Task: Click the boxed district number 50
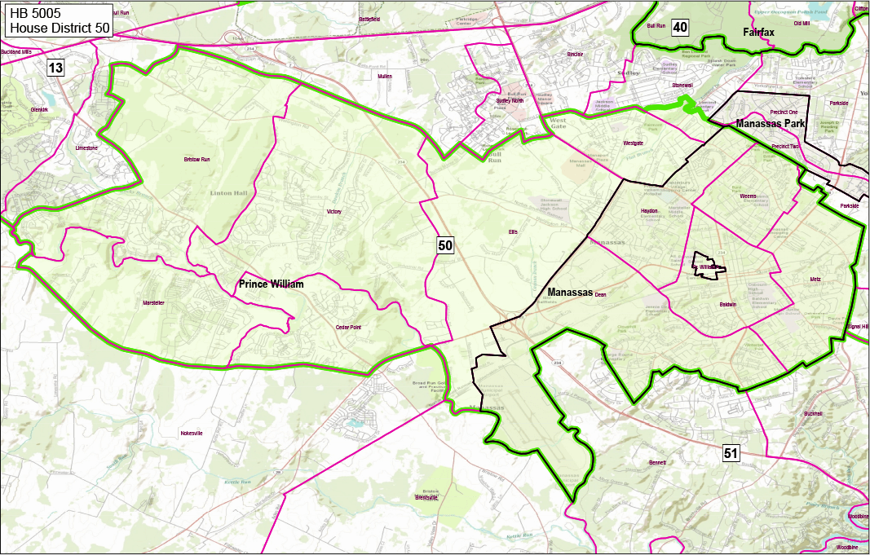coord(444,244)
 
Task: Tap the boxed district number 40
coord(680,28)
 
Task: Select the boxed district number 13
coord(55,68)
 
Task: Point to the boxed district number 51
coord(731,453)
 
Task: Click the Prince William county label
coord(271,284)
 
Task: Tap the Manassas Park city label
coord(770,124)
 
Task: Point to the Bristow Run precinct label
coord(197,159)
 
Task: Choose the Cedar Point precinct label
coord(347,328)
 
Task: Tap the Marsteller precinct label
coord(153,302)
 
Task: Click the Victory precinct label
coord(333,211)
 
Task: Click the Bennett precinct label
coord(657,462)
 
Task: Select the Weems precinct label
coord(748,196)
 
